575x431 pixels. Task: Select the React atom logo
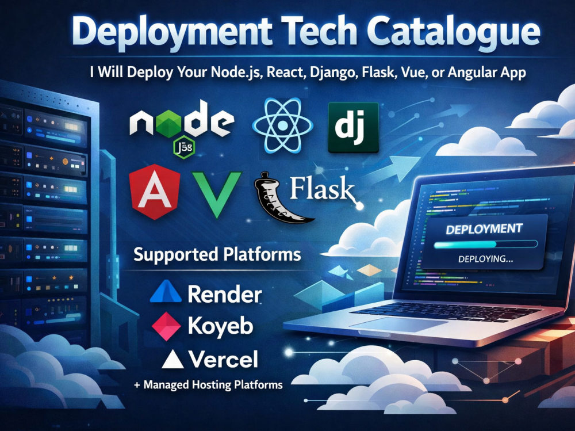click(x=282, y=125)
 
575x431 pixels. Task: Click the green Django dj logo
click(x=353, y=127)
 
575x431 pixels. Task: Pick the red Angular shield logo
click(x=155, y=192)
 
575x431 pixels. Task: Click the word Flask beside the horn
click(x=321, y=189)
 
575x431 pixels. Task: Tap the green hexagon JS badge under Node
click(x=184, y=147)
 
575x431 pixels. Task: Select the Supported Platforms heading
click(x=217, y=254)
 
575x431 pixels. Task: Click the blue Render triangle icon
click(x=166, y=292)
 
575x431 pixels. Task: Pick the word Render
click(x=225, y=295)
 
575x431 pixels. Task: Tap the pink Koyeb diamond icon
click(x=166, y=326)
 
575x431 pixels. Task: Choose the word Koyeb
click(x=221, y=326)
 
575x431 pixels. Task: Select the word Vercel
click(x=224, y=359)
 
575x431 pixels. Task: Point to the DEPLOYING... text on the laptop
click(x=485, y=259)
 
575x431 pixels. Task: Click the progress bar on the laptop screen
click(x=485, y=244)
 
